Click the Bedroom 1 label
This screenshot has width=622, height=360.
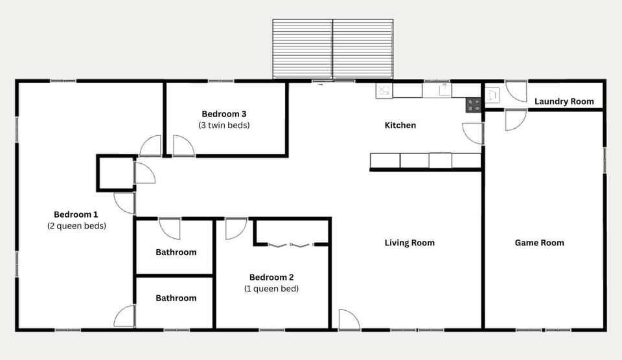[76, 214]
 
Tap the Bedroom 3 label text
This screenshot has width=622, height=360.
[224, 114]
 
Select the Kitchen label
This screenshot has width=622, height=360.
[400, 125]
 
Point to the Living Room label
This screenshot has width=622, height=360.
[409, 243]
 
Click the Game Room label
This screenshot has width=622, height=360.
[539, 243]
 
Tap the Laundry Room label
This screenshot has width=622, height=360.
[564, 102]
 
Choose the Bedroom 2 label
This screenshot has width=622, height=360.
[271, 277]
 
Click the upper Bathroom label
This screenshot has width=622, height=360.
[176, 252]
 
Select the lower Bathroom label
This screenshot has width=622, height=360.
[176, 298]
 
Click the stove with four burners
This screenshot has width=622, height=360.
[474, 105]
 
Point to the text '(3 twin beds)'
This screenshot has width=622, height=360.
[224, 126]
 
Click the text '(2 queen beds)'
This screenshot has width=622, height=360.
[76, 226]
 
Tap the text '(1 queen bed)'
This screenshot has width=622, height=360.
[271, 289]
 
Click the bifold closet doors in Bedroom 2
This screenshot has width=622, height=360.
[290, 245]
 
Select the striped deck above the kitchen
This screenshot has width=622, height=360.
[332, 49]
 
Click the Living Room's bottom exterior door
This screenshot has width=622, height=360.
[348, 320]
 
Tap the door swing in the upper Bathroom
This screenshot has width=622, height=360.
[170, 228]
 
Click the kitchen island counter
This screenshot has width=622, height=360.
[425, 161]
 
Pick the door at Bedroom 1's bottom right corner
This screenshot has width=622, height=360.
[125, 316]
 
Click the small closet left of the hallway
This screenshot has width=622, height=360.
[115, 173]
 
